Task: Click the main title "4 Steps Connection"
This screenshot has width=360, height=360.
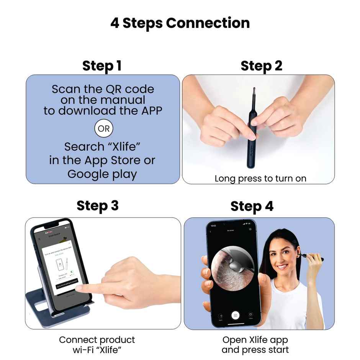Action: pos(180,23)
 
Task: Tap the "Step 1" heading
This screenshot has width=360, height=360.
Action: pos(102,66)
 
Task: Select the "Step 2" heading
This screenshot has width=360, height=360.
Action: pos(261,66)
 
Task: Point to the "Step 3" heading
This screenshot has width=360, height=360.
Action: pos(98,206)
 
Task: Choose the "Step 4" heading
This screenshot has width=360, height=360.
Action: pos(252,206)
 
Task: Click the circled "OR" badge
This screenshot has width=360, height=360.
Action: pos(104,129)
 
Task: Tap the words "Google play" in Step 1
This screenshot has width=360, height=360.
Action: pos(102,174)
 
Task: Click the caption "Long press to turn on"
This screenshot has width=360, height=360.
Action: pos(260,178)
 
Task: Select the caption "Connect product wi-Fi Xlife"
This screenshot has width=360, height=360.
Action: pos(97,344)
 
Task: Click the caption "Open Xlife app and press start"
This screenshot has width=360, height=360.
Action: pos(255,344)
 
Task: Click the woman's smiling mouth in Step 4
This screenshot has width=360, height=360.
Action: pos(282,267)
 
